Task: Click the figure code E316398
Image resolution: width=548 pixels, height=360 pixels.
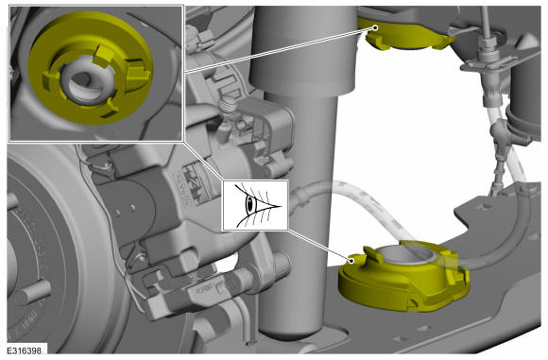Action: [24, 351]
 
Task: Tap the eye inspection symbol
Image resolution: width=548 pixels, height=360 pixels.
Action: [255, 205]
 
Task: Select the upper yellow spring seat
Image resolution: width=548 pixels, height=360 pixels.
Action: [405, 34]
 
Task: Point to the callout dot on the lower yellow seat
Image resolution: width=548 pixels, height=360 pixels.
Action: [351, 261]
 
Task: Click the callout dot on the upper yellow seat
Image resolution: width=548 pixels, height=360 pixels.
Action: [375, 27]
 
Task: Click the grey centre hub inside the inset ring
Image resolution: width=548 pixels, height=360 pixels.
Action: [85, 79]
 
